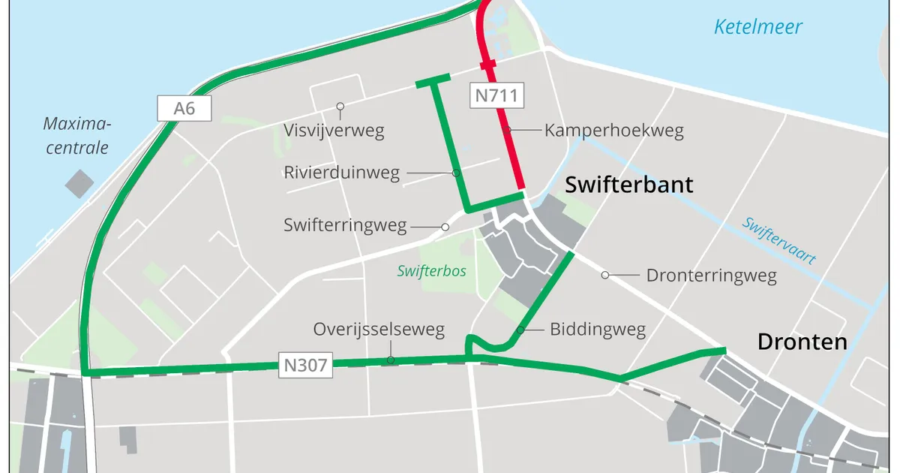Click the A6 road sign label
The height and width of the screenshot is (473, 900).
coord(184,109)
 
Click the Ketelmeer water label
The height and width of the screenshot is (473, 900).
coord(757,28)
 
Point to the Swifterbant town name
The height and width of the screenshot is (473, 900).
coord(628,185)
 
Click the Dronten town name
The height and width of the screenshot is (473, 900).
coord(802,342)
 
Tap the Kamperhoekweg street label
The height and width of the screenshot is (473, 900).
coord(613,131)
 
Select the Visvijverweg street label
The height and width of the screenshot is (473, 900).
coord(334,131)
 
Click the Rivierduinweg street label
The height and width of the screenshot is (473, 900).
coord(341,173)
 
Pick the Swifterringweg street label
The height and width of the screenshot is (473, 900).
coord(345,224)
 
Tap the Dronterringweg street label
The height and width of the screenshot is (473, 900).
coord(711,276)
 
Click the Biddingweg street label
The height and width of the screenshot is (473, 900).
coord(597,329)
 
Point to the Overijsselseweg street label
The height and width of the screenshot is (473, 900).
coord(379,329)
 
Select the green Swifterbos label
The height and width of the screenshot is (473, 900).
coord(431,270)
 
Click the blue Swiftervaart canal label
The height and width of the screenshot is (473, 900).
coord(778,240)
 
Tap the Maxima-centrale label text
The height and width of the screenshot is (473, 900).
coord(76,135)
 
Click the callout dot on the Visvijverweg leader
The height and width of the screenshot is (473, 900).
coord(340,106)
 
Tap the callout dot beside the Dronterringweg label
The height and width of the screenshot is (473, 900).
coord(604,276)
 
